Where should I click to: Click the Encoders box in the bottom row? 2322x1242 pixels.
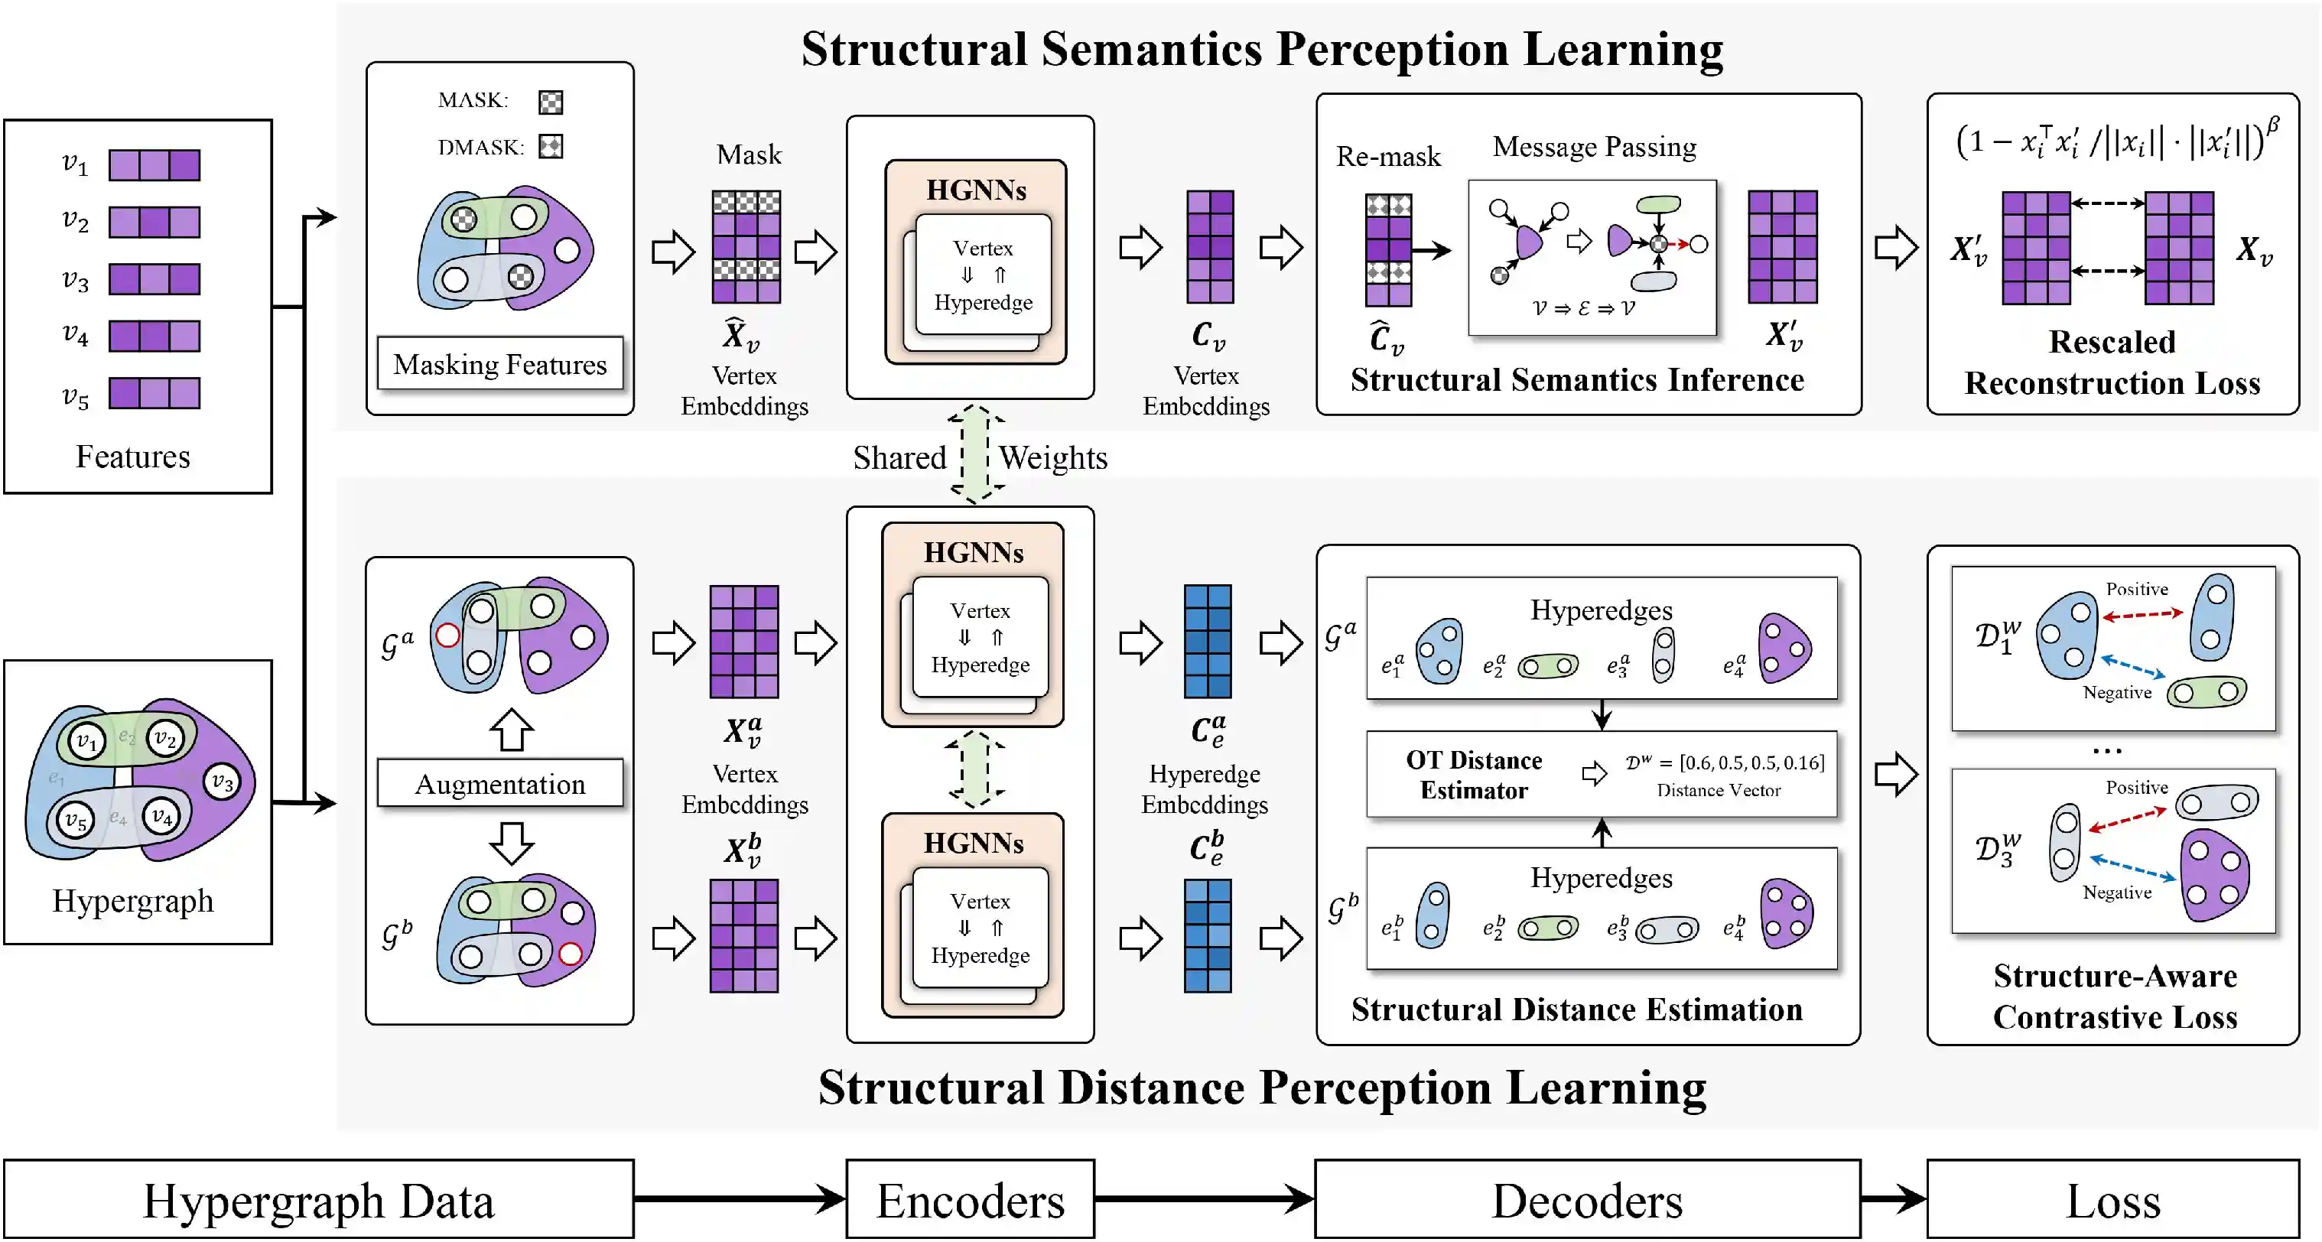pyautogui.click(x=970, y=1200)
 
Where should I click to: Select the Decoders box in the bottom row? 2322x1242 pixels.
pyautogui.click(x=1587, y=1200)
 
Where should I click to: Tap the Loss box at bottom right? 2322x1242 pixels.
pyautogui.click(x=2113, y=1200)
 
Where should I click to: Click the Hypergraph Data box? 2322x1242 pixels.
pyautogui.click(x=318, y=1200)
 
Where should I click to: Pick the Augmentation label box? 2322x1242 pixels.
pyautogui.click(x=499, y=783)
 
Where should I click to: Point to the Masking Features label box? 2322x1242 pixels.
pyautogui.click(x=499, y=363)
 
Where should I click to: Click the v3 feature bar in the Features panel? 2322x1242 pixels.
pyautogui.click(x=154, y=279)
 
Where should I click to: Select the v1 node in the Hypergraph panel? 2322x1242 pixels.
pyautogui.click(x=86, y=742)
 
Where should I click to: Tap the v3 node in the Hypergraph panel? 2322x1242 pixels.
pyautogui.click(x=222, y=781)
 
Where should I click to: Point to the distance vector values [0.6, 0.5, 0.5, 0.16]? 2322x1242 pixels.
pyautogui.click(x=1751, y=762)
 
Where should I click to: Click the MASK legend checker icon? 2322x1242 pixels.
pyautogui.click(x=551, y=102)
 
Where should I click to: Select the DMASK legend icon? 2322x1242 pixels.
pyautogui.click(x=551, y=146)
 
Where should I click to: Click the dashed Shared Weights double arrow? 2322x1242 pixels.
pyautogui.click(x=976, y=454)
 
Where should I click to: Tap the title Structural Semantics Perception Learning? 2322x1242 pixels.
pyautogui.click(x=1262, y=50)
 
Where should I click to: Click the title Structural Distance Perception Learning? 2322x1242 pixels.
pyautogui.click(x=1262, y=1087)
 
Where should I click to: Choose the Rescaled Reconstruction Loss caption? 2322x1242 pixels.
pyautogui.click(x=2112, y=363)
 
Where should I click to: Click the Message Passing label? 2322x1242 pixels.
pyautogui.click(x=1594, y=146)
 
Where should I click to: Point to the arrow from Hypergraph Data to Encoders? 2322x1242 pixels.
pyautogui.click(x=739, y=1198)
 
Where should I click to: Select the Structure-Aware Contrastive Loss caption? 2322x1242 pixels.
pyautogui.click(x=2115, y=996)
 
